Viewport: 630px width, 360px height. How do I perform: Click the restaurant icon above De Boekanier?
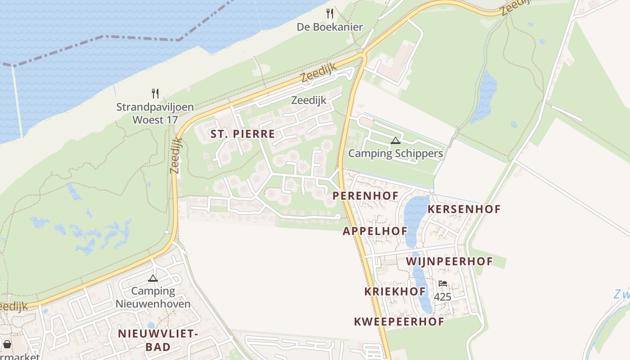[x=330, y=13]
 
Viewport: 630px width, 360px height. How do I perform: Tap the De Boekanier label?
[x=330, y=27]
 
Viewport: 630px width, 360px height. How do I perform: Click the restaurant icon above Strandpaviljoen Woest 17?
[x=155, y=94]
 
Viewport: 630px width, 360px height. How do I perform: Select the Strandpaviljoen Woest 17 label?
[x=155, y=113]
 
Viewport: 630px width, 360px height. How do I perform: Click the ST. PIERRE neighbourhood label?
[x=243, y=134]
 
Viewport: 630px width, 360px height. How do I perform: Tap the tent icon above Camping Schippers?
[x=396, y=140]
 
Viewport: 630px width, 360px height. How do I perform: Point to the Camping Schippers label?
[x=396, y=153]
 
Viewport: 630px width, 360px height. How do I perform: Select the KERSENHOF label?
[x=464, y=209]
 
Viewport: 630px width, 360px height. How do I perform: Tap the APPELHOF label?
[x=375, y=231]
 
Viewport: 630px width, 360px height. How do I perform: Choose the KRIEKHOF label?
[x=395, y=292]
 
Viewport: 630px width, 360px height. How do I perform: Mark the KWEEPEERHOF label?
[x=399, y=322]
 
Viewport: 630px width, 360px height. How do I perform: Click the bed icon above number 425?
[x=443, y=283]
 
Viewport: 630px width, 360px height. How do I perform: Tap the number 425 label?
[x=443, y=297]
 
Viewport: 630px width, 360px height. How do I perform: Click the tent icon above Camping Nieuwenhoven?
[x=153, y=278]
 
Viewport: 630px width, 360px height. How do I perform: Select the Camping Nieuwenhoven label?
[x=153, y=297]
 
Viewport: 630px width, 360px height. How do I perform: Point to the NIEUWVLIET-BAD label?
[x=158, y=340]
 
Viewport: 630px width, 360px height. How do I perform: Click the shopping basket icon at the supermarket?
[x=7, y=345]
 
